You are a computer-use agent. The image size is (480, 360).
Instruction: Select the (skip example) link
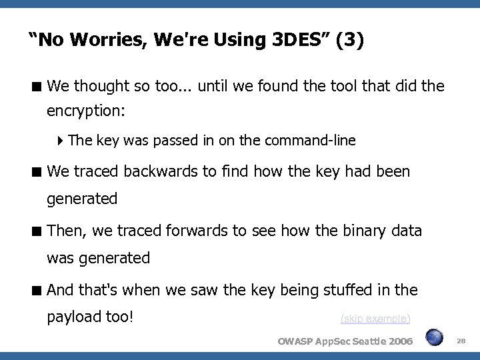375,319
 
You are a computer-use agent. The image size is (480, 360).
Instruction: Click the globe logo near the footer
435,337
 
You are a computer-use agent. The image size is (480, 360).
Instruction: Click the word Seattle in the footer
363,341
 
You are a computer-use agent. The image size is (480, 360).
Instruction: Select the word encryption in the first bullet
85,111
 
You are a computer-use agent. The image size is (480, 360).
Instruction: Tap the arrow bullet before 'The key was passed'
61,141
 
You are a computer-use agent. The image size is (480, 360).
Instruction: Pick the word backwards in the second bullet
147,172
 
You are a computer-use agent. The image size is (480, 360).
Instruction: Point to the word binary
360,231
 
